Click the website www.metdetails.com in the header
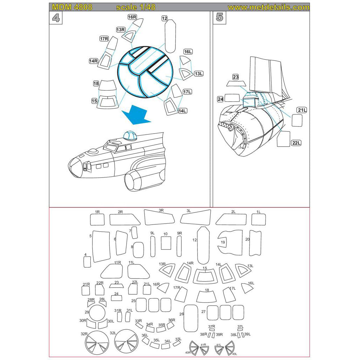click(268, 7)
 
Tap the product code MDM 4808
click(72, 7)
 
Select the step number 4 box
click(56, 18)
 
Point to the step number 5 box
click(219, 18)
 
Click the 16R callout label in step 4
click(132, 17)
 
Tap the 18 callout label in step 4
click(96, 84)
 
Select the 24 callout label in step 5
click(220, 99)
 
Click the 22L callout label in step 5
click(296, 142)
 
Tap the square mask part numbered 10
click(166, 243)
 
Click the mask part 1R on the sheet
click(97, 220)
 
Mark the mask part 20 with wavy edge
click(255, 243)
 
